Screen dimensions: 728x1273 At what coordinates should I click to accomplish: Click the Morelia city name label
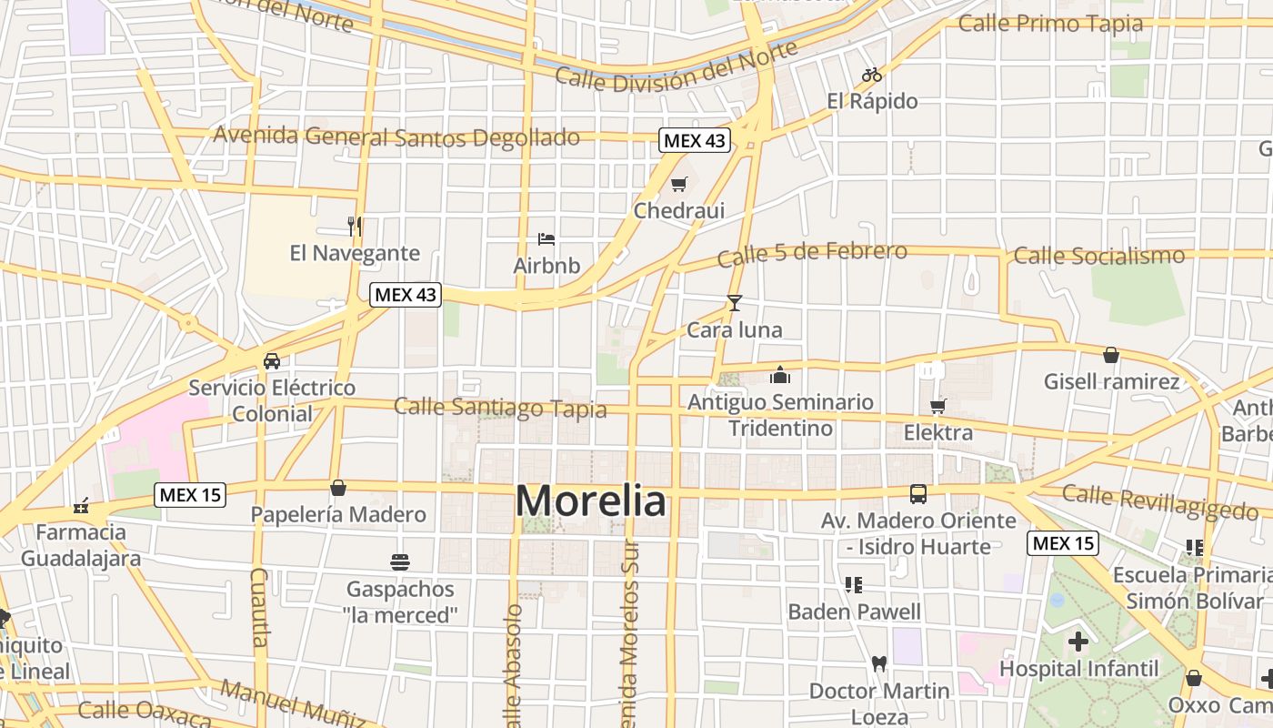point(591,501)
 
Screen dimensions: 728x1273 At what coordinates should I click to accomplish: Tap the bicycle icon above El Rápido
point(872,75)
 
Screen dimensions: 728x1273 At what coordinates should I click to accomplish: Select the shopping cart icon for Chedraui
point(678,186)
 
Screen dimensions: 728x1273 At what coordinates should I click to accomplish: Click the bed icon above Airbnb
point(546,239)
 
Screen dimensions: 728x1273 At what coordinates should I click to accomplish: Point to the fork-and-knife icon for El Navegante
point(355,226)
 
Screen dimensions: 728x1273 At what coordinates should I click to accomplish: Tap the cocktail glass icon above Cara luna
point(735,303)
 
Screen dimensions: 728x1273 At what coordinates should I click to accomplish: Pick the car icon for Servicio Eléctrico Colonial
point(272,360)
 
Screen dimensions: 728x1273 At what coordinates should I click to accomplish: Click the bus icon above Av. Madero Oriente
point(918,494)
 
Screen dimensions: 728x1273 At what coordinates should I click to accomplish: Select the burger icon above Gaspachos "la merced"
point(400,561)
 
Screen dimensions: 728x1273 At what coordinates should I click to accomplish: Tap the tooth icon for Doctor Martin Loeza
point(878,663)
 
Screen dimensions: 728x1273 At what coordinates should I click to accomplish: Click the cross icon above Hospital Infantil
point(1078,642)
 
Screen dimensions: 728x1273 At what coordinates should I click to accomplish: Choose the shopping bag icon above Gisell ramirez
point(1110,355)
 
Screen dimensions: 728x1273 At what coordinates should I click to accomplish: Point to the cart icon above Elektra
point(937,406)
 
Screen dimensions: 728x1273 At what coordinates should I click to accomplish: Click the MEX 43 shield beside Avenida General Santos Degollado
point(694,140)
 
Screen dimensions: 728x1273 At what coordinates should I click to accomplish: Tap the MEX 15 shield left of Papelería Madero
point(190,495)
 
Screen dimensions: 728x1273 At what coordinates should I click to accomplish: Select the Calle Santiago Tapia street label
point(500,407)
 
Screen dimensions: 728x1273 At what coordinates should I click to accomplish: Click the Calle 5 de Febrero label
point(812,254)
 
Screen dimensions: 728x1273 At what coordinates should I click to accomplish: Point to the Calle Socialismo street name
point(1099,256)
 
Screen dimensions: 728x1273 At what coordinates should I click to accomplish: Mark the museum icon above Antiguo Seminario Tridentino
point(780,375)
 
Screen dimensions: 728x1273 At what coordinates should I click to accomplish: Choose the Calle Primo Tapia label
point(1050,24)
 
